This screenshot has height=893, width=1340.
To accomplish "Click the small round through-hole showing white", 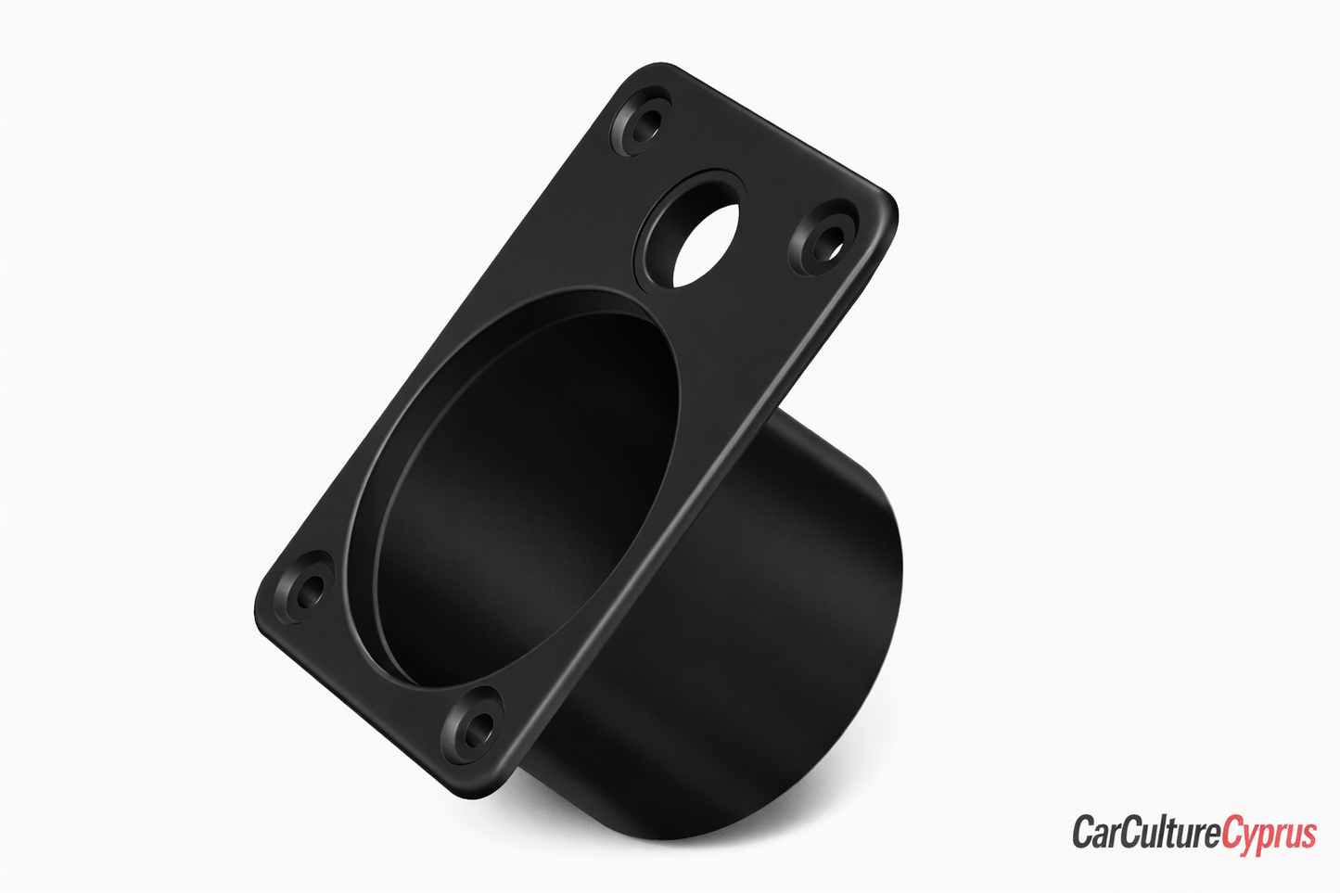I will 707,244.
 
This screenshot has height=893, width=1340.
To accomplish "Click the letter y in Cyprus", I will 1248,836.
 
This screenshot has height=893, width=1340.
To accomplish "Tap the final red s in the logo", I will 1308,834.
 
